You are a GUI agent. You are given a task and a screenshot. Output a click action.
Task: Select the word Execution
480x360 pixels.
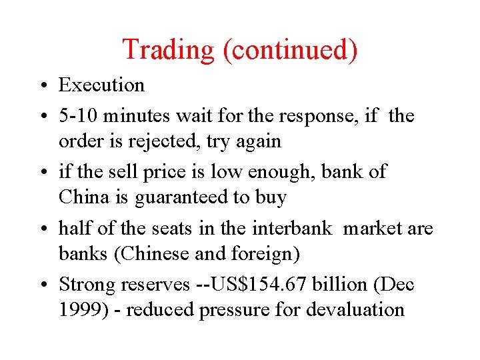[101, 85]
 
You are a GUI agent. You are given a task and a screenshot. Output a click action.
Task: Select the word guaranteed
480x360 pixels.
[175, 197]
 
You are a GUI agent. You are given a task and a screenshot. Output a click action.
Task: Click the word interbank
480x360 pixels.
[291, 228]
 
